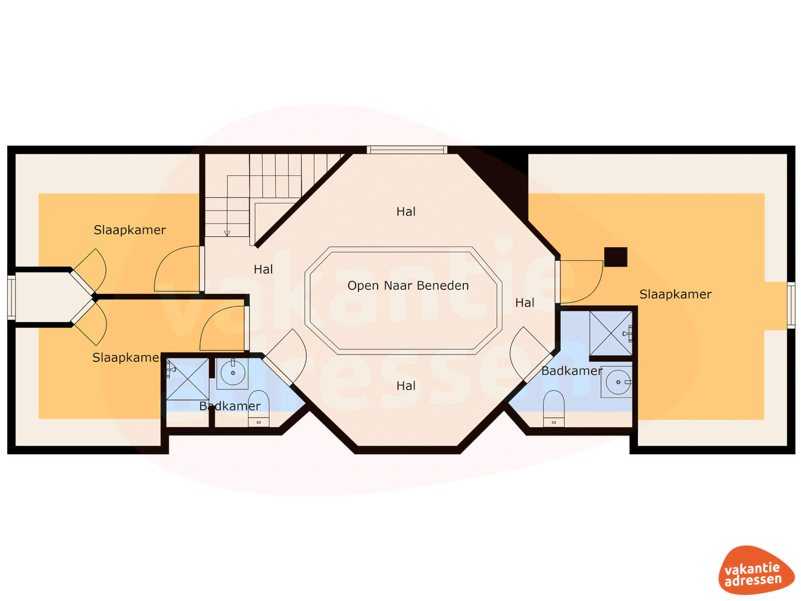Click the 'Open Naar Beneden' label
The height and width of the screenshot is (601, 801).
point(408,285)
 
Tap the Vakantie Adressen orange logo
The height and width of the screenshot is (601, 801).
point(756,570)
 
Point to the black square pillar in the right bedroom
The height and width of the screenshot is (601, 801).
point(616,257)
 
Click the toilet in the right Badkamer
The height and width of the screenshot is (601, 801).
point(554,409)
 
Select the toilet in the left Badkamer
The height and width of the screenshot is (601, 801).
point(259,409)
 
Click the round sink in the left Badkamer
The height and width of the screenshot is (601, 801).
point(233,373)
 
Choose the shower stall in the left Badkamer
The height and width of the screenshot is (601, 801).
point(187,379)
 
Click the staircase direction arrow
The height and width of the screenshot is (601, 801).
point(227,233)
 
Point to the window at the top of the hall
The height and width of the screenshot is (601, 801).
point(407,150)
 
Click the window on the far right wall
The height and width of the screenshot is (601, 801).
point(791,306)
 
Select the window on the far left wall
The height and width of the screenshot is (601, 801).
point(12,298)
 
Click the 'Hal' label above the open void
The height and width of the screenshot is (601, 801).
point(406,212)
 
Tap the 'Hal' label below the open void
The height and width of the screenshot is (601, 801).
point(406,386)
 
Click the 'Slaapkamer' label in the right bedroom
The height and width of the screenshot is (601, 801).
point(675,294)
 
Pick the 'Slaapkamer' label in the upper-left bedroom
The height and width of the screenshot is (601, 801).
point(130,230)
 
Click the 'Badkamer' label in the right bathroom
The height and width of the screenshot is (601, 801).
point(572,371)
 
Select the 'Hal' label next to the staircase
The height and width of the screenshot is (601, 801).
point(263,270)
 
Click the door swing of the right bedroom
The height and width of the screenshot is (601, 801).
point(592,292)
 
